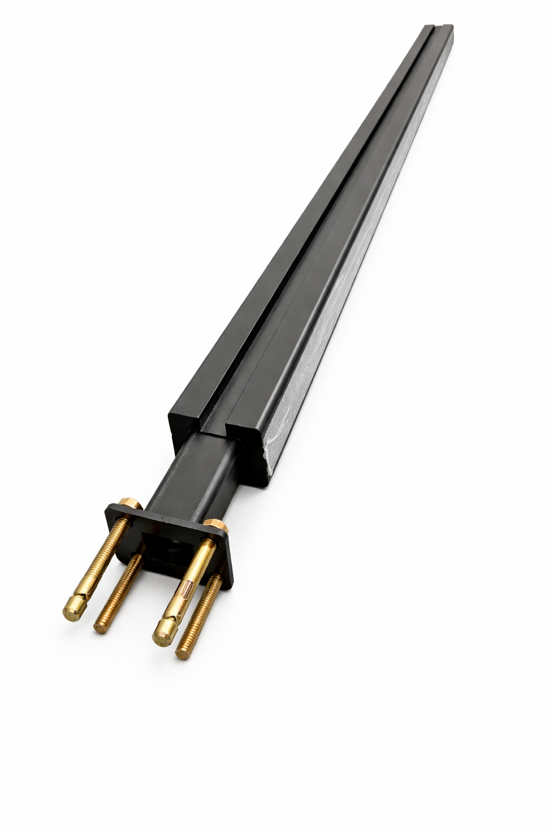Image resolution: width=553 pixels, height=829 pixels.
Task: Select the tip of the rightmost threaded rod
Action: (x=182, y=654)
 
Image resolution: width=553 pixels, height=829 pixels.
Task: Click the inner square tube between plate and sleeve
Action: (x=194, y=475)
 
